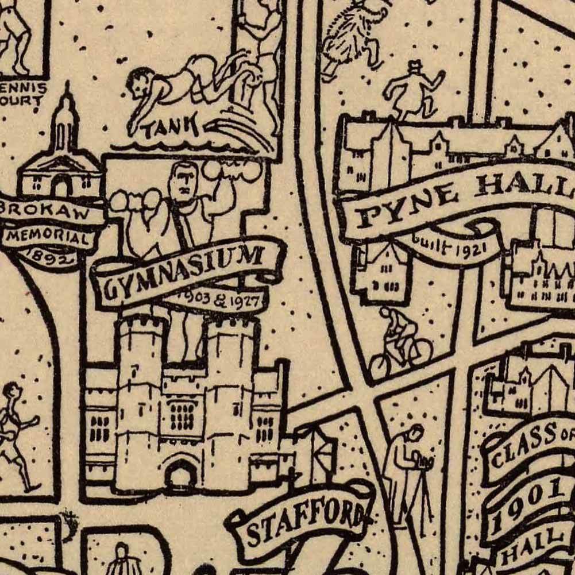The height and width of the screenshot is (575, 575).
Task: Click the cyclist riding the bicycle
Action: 400,344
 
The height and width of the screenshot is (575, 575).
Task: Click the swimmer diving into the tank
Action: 172,86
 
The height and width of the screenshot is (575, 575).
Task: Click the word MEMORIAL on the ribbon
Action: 49,236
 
